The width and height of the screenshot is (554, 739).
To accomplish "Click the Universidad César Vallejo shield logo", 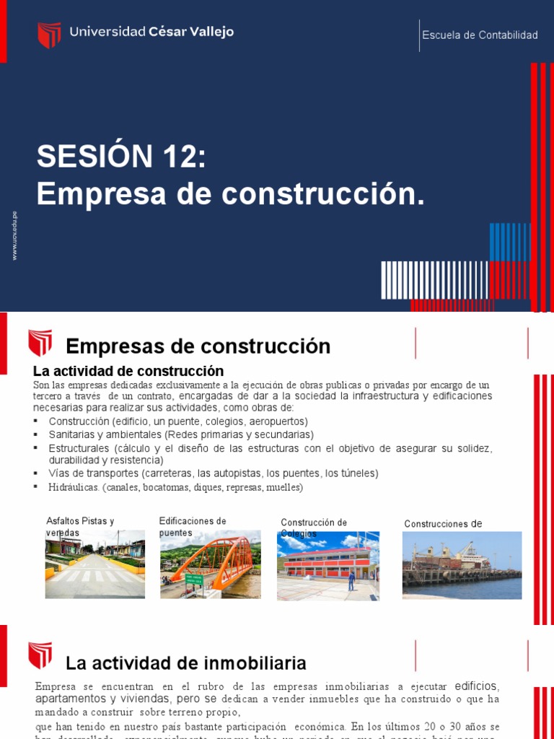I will pos(49,34).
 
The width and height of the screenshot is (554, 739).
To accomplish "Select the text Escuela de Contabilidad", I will pos(480,35).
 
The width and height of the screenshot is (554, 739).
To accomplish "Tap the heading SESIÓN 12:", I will pos(122,157).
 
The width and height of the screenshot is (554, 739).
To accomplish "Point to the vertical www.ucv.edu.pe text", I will pos(14,236).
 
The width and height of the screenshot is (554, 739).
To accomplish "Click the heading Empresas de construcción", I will pos(198,346).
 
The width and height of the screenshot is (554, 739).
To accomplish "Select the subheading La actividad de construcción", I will pos(128,371).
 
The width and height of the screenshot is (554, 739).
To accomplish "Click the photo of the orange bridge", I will pos(211,567).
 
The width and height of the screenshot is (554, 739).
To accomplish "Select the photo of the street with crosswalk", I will pos(94,565).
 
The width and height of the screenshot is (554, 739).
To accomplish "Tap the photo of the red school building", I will pos(328,567).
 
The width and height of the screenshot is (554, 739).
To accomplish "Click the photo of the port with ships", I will pos(462,565).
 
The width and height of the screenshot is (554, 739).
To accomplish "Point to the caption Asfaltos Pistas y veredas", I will pos(80,526).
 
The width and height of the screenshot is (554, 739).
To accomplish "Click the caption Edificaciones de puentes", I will pos(193,526).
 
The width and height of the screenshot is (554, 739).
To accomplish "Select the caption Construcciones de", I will pos(443,524).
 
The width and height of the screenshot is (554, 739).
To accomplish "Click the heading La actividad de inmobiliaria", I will pos(186,663).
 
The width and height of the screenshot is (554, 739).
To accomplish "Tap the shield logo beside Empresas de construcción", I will pos(40,343).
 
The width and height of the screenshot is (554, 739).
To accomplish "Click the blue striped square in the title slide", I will pos(509,242).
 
